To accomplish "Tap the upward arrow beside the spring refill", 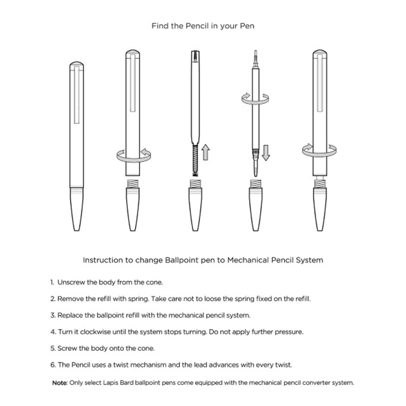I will click(x=206, y=152).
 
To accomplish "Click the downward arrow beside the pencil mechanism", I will click(x=266, y=153).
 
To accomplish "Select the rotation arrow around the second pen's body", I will click(x=134, y=156).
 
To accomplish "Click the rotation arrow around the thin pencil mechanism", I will click(x=255, y=99).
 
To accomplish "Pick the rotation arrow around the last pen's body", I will click(x=319, y=151).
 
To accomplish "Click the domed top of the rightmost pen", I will click(x=320, y=52).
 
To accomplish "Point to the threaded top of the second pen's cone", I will click(x=133, y=184).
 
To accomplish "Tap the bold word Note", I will click(x=60, y=383).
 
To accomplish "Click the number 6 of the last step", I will click(x=53, y=365).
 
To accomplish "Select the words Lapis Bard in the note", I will click(x=118, y=383).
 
